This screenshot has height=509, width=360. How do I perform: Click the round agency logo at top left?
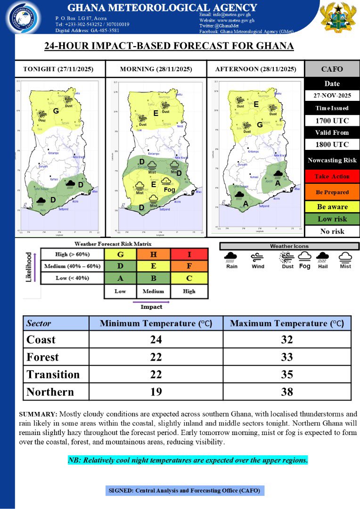point(23,17)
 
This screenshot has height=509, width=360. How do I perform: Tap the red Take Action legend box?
point(332,176)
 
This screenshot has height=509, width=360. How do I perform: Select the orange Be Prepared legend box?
point(332,192)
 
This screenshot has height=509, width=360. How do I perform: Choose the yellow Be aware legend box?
point(332,206)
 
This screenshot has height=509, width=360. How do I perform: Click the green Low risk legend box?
point(332,219)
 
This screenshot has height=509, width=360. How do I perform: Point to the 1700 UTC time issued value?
point(332,121)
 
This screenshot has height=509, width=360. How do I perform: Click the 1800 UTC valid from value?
point(332,144)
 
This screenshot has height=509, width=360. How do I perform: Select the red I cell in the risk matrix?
point(189,254)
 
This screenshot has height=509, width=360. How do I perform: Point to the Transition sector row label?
point(53,374)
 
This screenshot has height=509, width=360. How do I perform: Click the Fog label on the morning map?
point(169,189)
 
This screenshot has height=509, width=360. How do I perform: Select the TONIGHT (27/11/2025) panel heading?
point(58,69)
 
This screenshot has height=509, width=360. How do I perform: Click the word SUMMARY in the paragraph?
point(38,414)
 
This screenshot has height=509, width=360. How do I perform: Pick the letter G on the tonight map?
point(55,111)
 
